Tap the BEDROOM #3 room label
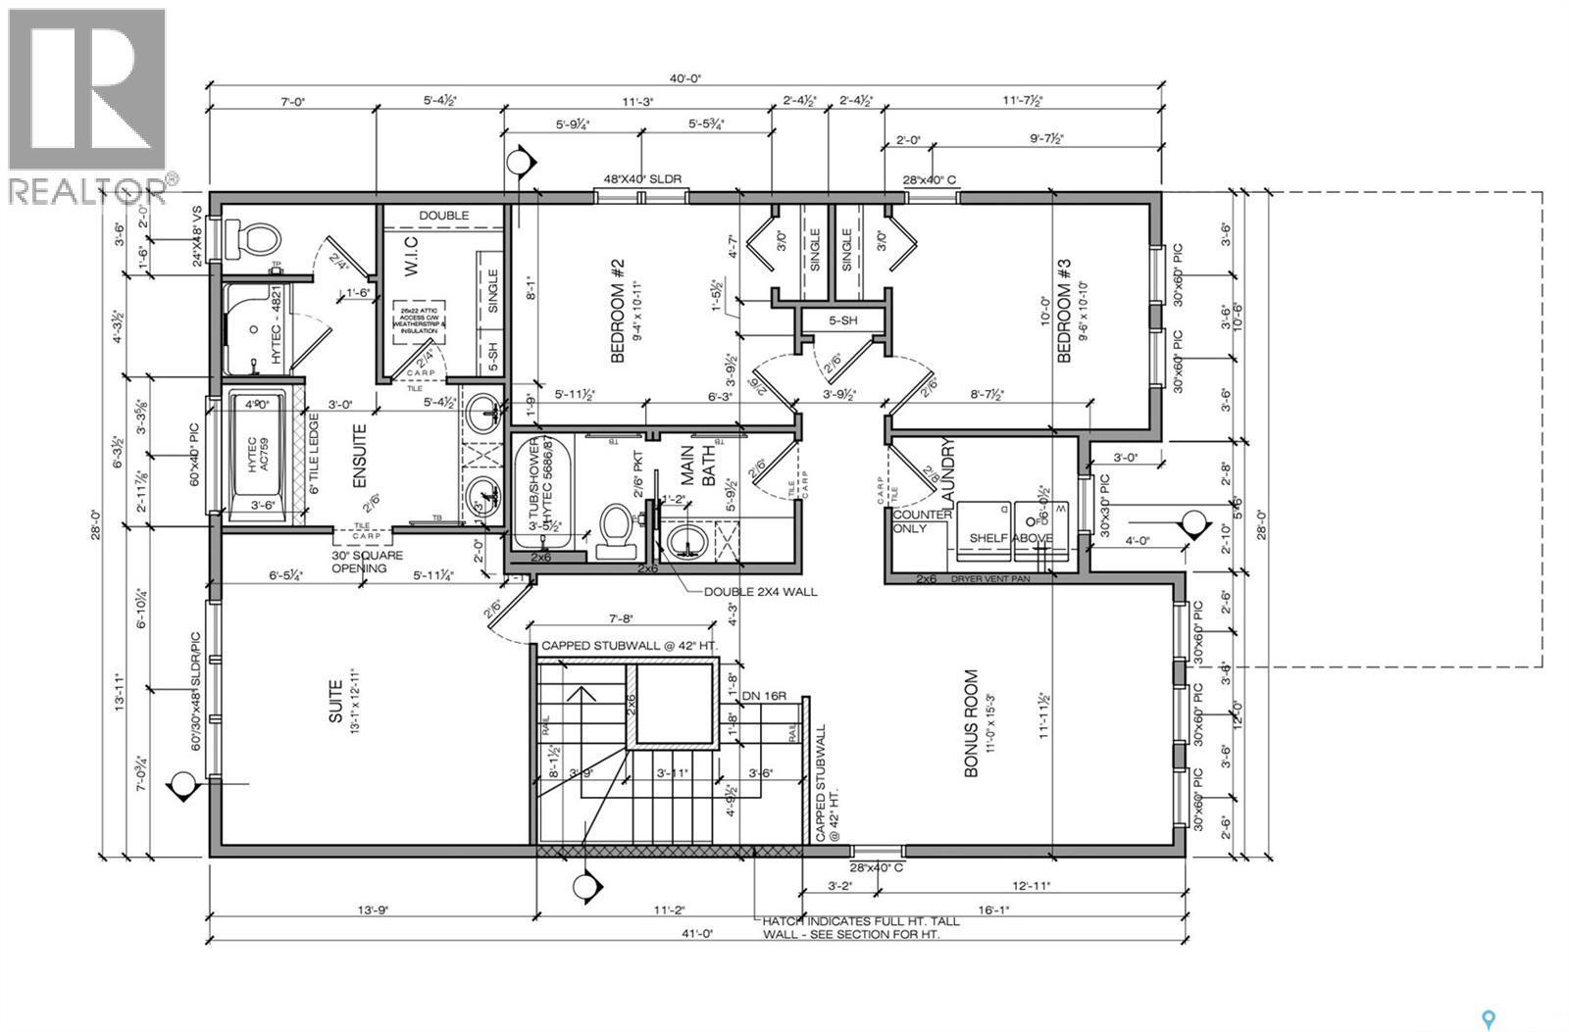point(1064,311)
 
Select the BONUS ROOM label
point(971,723)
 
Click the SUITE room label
point(335,702)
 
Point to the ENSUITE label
point(359,456)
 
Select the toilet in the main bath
point(614,530)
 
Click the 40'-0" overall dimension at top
point(686,79)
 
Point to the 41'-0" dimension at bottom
point(698,934)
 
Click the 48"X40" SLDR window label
point(642,179)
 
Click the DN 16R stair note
point(765,696)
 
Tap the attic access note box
point(422,321)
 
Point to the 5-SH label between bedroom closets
point(843,319)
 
